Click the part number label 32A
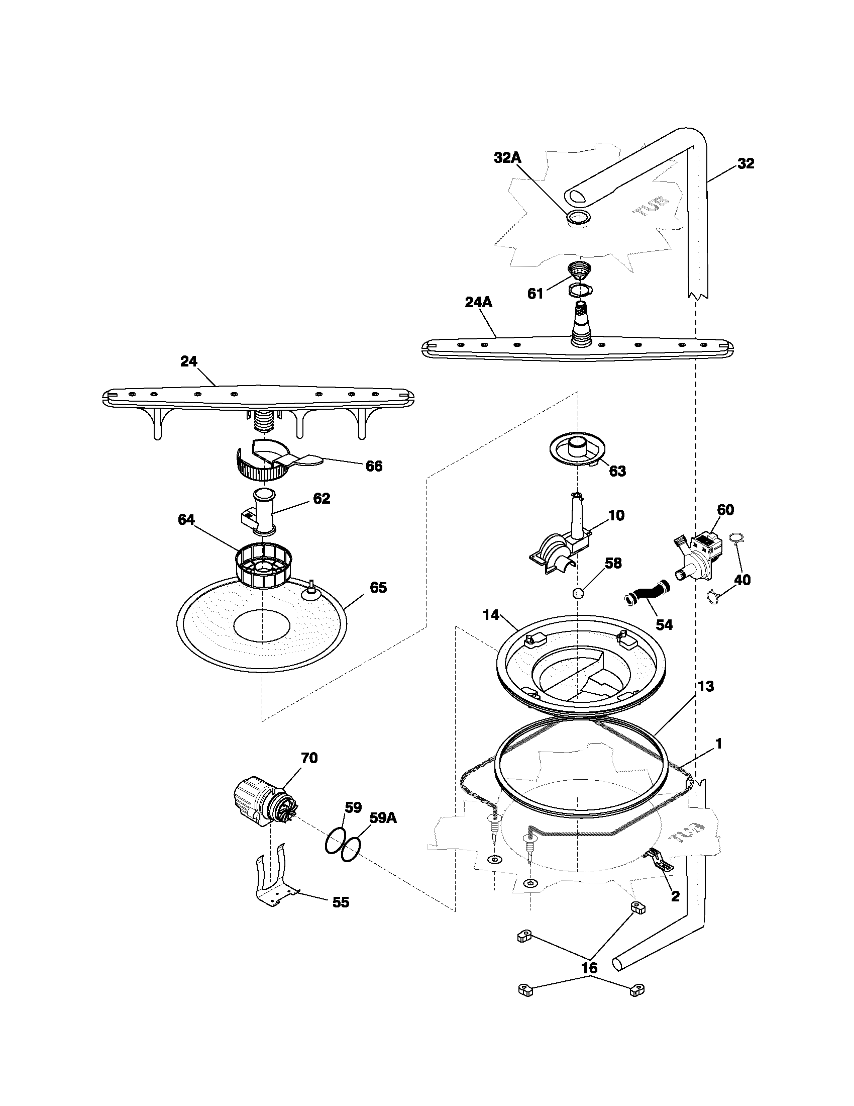(507, 157)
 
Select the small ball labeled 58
(578, 594)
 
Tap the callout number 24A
(478, 302)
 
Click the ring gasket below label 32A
(578, 218)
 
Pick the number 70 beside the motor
(309, 772)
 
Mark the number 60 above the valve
(725, 509)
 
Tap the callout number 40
(742, 580)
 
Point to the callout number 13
(706, 686)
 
